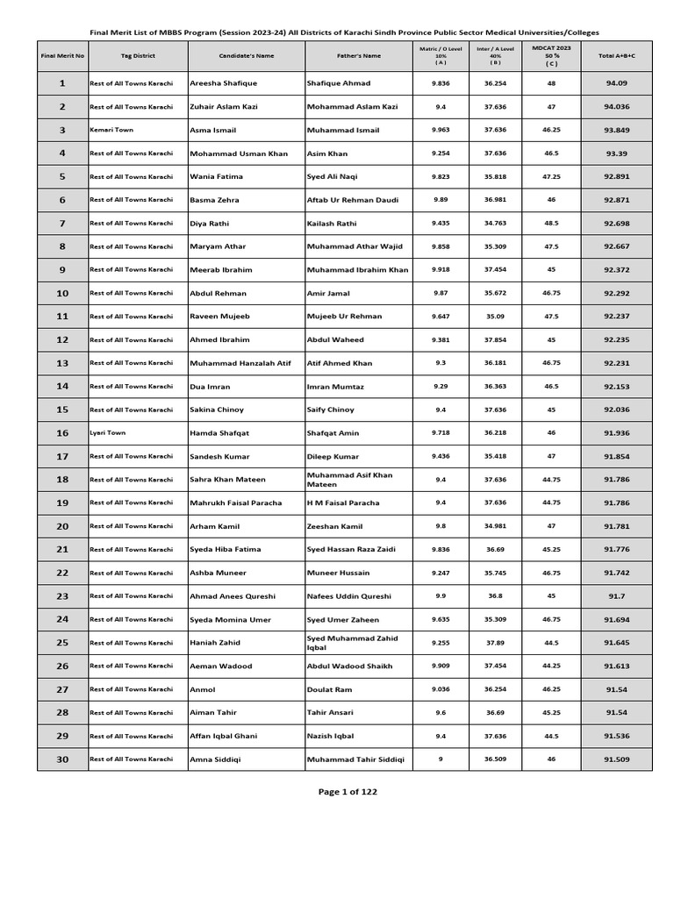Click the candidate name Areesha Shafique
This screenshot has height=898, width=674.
click(217, 83)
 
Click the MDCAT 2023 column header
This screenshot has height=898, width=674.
click(551, 56)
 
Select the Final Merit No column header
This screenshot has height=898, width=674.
click(62, 56)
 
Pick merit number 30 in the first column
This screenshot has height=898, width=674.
click(62, 759)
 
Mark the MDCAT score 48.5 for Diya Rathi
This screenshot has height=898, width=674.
click(551, 224)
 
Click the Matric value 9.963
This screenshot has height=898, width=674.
click(441, 130)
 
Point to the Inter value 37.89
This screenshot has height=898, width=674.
click(495, 643)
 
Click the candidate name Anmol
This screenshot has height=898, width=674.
click(203, 690)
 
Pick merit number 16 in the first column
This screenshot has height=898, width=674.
click(62, 433)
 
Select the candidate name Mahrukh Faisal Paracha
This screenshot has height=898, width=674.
click(236, 503)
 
